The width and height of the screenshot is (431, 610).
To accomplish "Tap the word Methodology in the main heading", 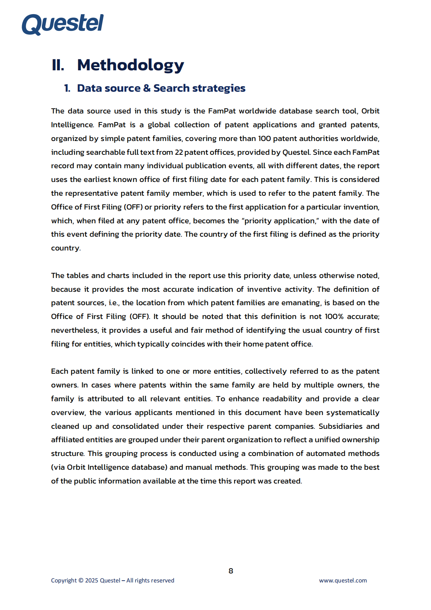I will (130, 65).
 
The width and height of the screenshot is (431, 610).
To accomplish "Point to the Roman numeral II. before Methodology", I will (58, 65).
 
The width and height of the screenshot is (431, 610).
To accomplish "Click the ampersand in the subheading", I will (147, 88).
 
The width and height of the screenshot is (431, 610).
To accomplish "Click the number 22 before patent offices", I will (179, 152).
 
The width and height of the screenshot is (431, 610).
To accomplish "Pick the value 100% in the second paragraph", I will (334, 316).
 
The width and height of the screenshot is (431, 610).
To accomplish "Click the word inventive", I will (261, 289).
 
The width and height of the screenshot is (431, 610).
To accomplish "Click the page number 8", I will (231, 571).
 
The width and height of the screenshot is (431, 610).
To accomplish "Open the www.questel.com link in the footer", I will (343, 580).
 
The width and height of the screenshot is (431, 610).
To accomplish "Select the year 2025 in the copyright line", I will (91, 580).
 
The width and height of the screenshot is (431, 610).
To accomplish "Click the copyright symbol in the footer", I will (81, 580).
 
